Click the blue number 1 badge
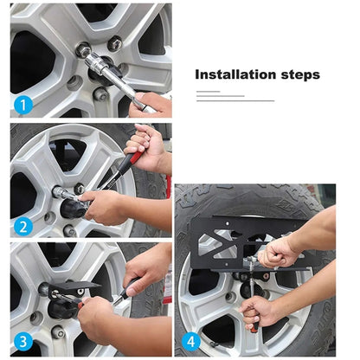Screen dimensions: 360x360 pos(23,105)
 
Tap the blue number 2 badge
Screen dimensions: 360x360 pos(23,227)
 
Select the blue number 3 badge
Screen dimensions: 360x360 pos(23,342)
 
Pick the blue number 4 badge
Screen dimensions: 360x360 pos(191,342)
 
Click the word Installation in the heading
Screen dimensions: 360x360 pos(235,74)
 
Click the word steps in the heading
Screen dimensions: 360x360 pos(300,75)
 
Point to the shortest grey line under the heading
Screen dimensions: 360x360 pos(208,92)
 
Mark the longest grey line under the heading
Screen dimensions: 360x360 pos(235,100)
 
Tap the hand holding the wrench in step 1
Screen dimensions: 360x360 pos(150,105)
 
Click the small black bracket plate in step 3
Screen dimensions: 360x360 pos(74,287)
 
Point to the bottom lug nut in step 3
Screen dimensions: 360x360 pos(59,332)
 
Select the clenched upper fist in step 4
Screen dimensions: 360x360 pos(277,253)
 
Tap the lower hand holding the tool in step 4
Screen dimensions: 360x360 pos(258,312)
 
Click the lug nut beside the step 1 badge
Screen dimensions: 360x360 pos(100,94)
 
